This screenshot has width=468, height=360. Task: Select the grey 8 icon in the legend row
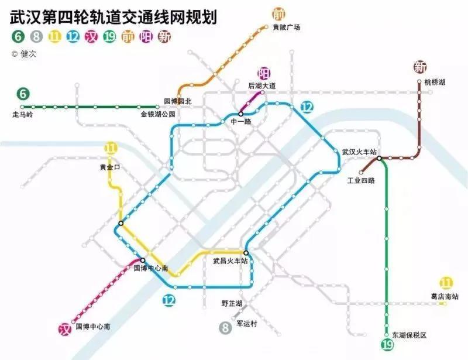click(36, 37)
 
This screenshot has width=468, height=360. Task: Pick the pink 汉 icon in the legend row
click(91, 37)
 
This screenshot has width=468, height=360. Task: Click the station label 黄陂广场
click(286, 27)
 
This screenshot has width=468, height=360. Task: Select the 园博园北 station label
click(178, 101)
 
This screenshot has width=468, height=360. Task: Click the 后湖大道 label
click(261, 86)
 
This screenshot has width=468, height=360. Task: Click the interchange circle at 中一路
click(241, 114)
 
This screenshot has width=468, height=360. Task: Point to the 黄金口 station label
click(109, 167)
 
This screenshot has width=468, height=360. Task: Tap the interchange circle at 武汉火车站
click(380, 158)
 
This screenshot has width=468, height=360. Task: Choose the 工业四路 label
click(361, 180)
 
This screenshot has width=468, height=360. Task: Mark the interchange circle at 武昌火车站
click(246, 253)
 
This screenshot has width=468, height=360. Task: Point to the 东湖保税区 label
click(409, 335)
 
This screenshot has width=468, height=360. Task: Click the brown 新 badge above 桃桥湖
click(419, 67)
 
